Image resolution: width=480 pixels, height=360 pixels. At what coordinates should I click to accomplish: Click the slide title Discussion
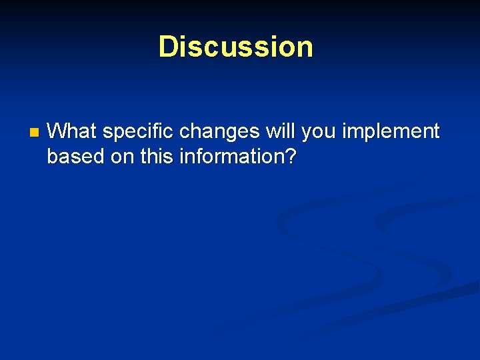coord(235,47)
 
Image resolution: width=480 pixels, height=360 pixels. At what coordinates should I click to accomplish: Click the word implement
coord(391,132)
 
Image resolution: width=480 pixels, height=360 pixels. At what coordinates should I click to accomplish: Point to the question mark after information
coord(291,157)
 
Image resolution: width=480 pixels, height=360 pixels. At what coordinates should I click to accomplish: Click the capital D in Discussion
coord(167,47)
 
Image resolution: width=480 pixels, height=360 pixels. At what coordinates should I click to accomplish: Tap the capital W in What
coord(57,131)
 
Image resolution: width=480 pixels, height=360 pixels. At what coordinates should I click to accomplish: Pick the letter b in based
coord(53,157)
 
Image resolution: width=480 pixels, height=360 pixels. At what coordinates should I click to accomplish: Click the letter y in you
coord(307,133)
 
